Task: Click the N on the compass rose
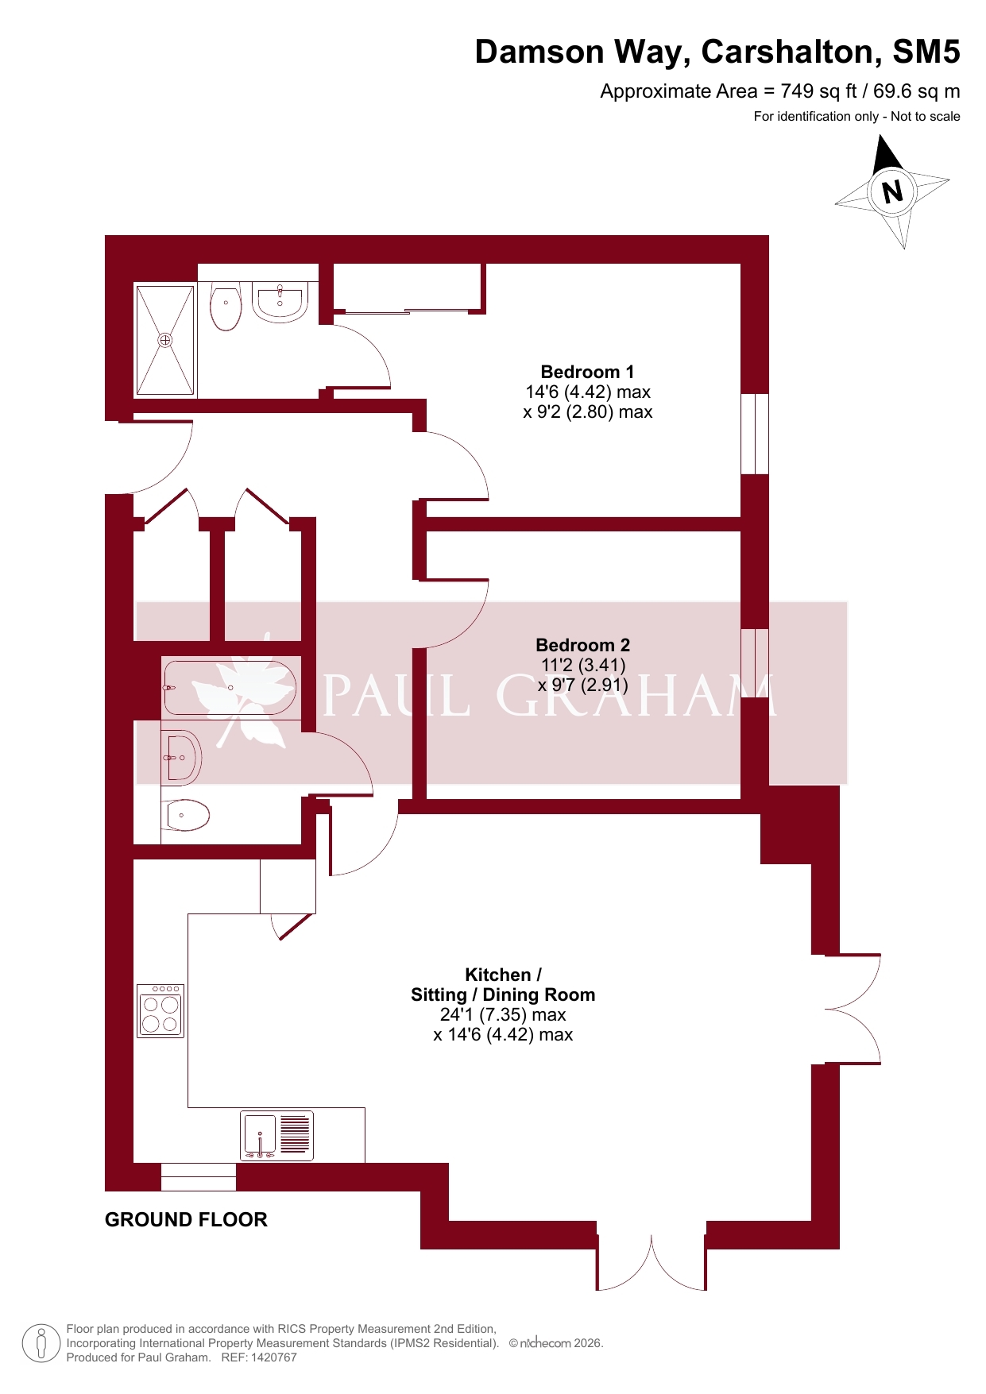[x=892, y=191]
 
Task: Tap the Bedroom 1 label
[x=587, y=372]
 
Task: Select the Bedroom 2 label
[x=582, y=645]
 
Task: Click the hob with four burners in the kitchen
[x=160, y=1011]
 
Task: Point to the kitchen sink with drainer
[x=277, y=1135]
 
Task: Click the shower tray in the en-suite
[x=165, y=340]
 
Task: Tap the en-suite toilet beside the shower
[x=226, y=307]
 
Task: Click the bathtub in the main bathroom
[x=230, y=688]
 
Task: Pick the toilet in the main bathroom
[x=186, y=815]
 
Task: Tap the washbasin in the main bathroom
[x=182, y=758]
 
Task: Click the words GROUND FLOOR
[x=186, y=1219]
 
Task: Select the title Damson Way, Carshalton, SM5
[x=717, y=52]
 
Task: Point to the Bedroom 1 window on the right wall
[x=755, y=434]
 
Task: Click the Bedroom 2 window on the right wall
[x=755, y=663]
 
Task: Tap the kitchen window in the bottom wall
[x=199, y=1177]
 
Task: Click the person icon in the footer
[x=41, y=1344]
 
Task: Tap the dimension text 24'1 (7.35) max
[x=503, y=1014]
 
